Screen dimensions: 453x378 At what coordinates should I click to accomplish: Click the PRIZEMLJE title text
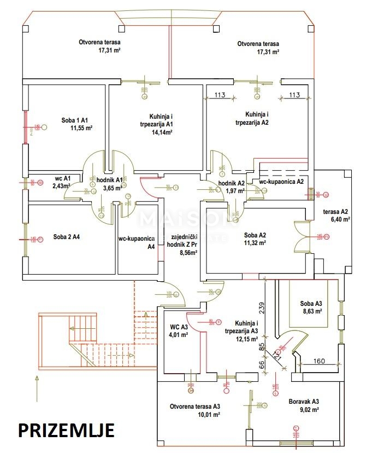(66, 430)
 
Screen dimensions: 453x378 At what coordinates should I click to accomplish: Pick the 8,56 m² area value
(188, 253)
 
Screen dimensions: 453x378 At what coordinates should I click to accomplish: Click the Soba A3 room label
(311, 304)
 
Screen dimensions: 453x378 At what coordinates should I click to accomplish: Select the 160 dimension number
(320, 361)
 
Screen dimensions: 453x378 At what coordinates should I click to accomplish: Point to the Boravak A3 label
(304, 401)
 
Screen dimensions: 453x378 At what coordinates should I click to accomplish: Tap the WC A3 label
(179, 327)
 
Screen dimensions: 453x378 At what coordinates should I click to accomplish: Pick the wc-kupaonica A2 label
(281, 181)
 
